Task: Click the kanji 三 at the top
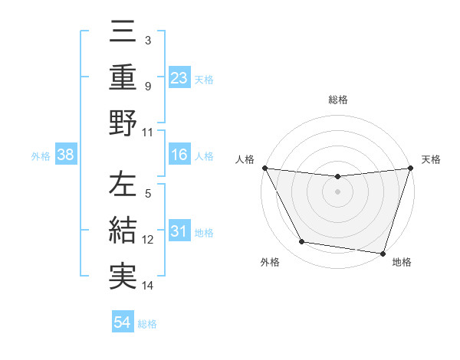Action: (x=123, y=32)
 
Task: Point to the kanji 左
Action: (x=123, y=186)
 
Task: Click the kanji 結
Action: (x=123, y=231)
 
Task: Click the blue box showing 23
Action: (x=179, y=77)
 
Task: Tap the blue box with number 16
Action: (x=179, y=155)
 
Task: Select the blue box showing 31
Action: (x=179, y=231)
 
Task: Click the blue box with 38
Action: (x=66, y=155)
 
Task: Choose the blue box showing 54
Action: (x=123, y=322)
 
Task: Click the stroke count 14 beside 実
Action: (x=149, y=286)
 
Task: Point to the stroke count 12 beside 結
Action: (x=149, y=240)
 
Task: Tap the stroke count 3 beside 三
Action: (x=147, y=40)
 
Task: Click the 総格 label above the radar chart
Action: (x=337, y=100)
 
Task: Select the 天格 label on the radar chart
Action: (x=432, y=159)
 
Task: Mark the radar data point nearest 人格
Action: (x=264, y=168)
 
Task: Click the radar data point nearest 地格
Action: (x=383, y=253)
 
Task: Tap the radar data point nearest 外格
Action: (x=302, y=242)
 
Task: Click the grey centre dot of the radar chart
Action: (x=337, y=191)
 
